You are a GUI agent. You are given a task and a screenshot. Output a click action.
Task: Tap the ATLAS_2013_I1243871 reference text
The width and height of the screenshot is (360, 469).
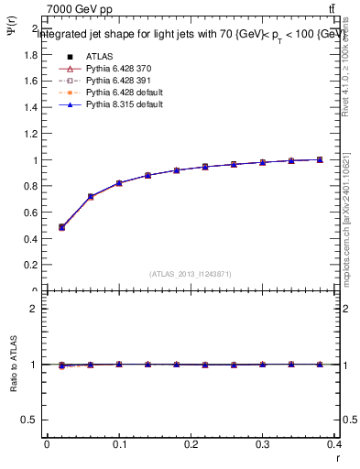(x=190, y=274)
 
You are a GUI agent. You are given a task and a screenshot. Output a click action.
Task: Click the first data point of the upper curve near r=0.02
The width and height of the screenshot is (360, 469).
(x=61, y=227)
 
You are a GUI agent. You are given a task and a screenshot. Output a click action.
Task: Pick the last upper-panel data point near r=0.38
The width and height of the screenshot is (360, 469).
(x=321, y=159)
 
